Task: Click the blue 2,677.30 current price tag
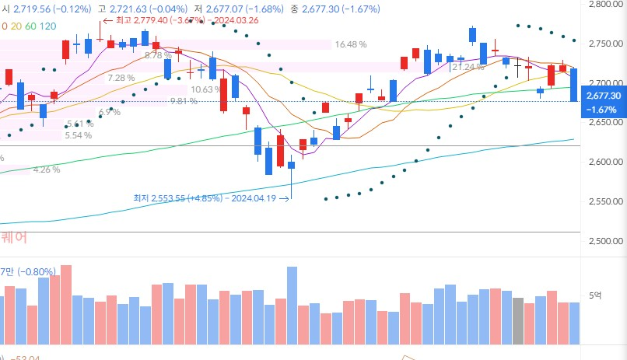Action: (604, 102)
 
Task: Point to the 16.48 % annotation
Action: (351, 45)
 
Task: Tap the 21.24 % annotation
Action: (467, 68)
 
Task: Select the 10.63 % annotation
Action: (206, 89)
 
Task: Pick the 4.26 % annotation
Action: (46, 170)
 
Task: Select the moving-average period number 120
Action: (47, 26)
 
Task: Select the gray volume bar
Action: (518, 311)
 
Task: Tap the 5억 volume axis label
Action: (595, 295)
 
